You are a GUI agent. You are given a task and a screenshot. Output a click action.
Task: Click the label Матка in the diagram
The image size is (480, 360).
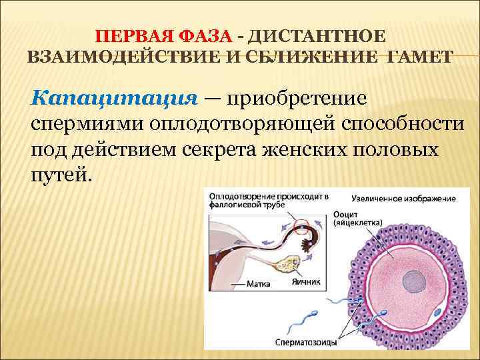coord(258,283)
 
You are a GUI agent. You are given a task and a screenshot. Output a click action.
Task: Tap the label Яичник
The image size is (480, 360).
coord(306,282)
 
